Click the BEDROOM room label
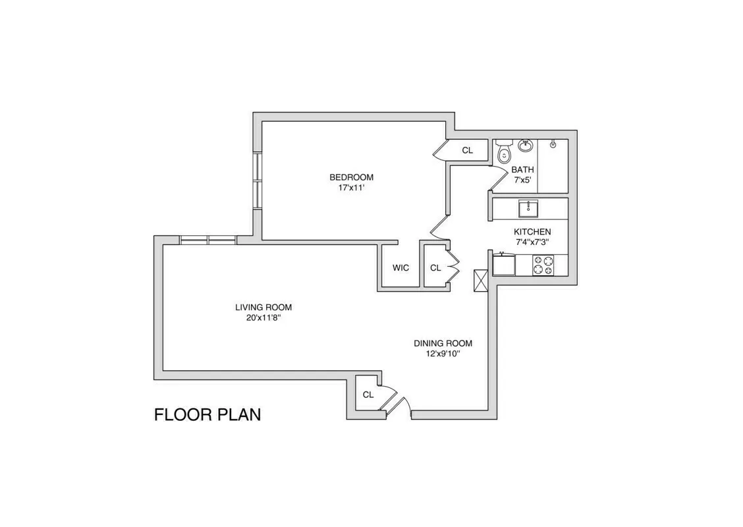click(351, 177)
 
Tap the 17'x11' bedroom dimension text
click(351, 188)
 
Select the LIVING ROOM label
click(263, 307)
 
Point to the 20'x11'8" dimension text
click(263, 318)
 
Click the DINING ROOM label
click(443, 343)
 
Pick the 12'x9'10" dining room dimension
click(443, 354)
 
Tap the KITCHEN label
click(532, 232)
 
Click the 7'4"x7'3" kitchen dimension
click(532, 242)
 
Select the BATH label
click(522, 169)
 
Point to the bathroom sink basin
click(525, 145)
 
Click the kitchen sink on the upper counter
click(528, 209)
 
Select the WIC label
click(400, 268)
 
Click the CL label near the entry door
click(368, 395)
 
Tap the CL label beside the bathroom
click(467, 150)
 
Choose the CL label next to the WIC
click(435, 268)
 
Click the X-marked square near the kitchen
click(480, 280)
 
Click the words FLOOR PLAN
click(207, 414)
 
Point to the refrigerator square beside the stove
click(504, 265)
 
